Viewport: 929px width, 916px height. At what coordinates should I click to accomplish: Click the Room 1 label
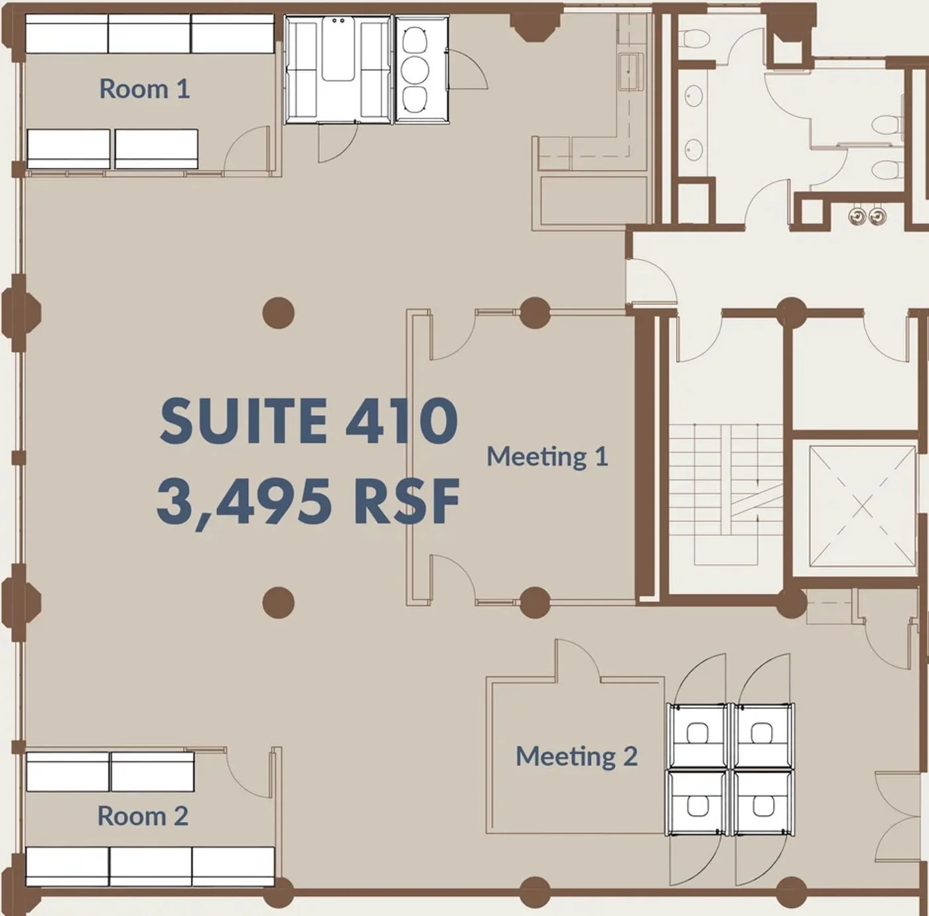(145, 89)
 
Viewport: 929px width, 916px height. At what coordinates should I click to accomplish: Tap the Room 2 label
(143, 816)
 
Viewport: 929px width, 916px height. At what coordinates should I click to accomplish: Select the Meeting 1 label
(547, 456)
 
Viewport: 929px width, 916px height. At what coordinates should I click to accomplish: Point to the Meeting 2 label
(577, 755)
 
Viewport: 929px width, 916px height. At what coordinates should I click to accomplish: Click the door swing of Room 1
(247, 147)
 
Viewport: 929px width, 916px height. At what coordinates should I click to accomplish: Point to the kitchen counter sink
(630, 72)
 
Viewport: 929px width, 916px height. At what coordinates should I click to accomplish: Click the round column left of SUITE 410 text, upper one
(279, 313)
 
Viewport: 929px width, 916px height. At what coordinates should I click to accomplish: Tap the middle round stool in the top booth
(415, 70)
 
